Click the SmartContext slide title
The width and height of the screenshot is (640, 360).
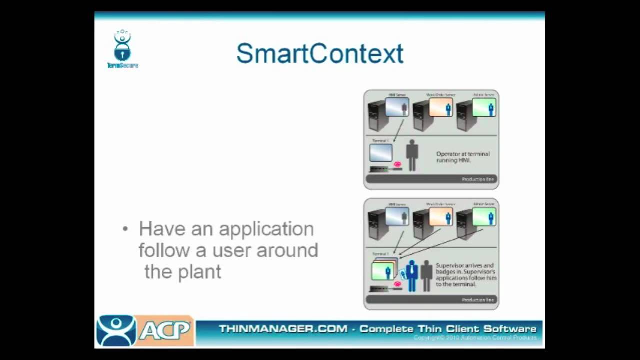tap(320, 54)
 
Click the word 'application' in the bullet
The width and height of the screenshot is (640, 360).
tap(266, 229)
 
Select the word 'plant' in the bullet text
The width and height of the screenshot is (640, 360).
tap(200, 272)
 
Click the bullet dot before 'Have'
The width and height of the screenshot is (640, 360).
tap(125, 229)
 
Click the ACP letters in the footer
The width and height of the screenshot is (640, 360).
tap(165, 330)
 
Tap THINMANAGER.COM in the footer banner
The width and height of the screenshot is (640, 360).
tap(283, 329)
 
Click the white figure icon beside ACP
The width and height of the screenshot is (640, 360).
tap(116, 330)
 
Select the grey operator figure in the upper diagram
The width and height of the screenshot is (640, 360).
tap(412, 155)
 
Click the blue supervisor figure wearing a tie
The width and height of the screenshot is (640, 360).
tap(412, 275)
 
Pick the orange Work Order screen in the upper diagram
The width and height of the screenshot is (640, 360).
tap(441, 107)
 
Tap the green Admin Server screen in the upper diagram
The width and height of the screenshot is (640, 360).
tap(484, 107)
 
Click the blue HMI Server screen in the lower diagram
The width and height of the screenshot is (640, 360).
tap(397, 217)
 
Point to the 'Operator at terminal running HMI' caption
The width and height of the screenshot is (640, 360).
tap(463, 157)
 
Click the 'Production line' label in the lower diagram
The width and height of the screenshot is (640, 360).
tap(478, 300)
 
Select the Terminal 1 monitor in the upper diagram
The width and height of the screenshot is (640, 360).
tap(381, 153)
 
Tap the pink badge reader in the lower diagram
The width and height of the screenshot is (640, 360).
tap(398, 284)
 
